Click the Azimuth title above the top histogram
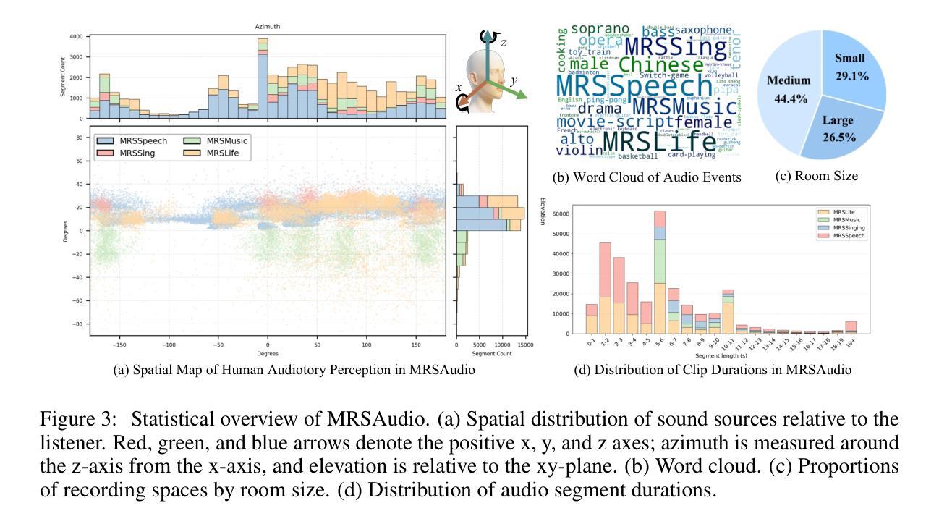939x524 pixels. [x=268, y=27]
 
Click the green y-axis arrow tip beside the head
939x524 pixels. [x=526, y=96]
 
